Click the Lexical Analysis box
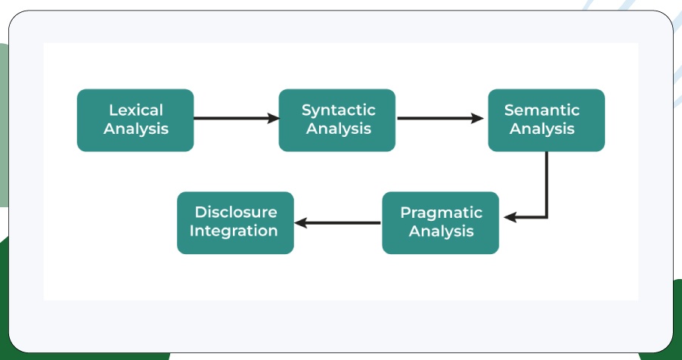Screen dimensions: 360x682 point(135,119)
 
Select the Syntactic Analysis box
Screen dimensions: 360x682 point(337,119)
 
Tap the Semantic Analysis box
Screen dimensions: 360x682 point(546,119)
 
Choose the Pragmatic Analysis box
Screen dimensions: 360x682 point(441,222)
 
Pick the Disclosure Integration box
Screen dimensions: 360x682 point(235,222)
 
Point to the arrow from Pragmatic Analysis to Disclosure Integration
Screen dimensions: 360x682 point(337,222)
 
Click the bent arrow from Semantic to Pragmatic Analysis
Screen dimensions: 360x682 point(546,189)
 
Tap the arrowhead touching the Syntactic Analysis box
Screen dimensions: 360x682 point(273,118)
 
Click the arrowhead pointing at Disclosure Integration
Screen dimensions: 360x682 point(300,222)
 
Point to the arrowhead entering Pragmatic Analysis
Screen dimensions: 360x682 point(510,217)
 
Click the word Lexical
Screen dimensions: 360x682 point(135,110)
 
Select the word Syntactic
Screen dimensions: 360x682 point(338,110)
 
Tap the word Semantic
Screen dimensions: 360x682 point(542,110)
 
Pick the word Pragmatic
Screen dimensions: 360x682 point(441,213)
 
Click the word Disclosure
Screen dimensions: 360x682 point(235,213)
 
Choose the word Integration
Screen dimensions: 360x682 point(234,231)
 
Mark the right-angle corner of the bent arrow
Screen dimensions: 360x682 point(546,217)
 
